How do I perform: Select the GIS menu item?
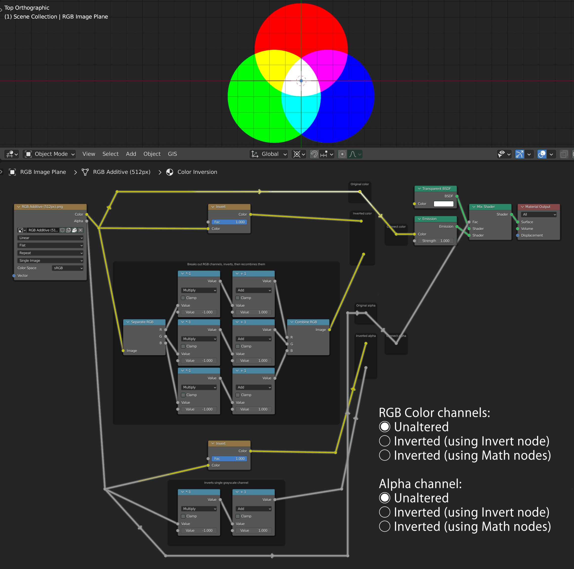tap(172, 154)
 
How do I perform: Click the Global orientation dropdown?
tap(269, 154)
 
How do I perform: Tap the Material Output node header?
tap(538, 207)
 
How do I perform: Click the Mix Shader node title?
tap(486, 207)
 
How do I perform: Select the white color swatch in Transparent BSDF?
tap(443, 204)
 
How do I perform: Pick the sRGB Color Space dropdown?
tap(68, 268)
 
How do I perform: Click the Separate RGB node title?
tap(142, 322)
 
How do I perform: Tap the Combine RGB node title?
tap(306, 322)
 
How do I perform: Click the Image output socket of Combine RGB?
tap(329, 330)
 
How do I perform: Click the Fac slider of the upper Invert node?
tap(229, 222)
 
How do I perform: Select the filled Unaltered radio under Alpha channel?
tap(385, 498)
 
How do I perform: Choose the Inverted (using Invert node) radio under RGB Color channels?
tap(385, 441)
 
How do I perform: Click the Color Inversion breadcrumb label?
tap(197, 172)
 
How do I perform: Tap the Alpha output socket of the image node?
tap(87, 221)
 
